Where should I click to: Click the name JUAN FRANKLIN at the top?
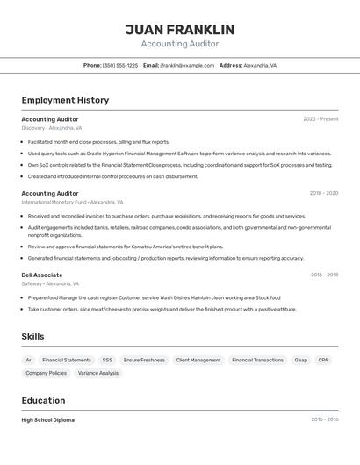point(180,30)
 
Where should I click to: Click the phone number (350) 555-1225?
point(120,65)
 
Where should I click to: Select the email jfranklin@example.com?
point(185,65)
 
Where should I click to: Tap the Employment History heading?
point(65,100)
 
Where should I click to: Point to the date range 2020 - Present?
point(320,119)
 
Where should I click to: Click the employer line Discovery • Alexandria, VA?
point(52,128)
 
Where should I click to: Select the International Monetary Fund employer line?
point(72,202)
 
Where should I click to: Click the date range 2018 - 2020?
point(324,193)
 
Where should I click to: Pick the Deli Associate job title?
point(42,275)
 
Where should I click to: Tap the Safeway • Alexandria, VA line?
point(50,283)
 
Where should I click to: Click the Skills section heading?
point(32,336)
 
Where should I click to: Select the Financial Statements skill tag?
point(67,360)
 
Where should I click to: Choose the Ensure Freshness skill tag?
point(144,360)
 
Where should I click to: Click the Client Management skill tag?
point(198,360)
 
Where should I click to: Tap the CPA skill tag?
point(323,360)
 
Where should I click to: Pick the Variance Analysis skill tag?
point(97,373)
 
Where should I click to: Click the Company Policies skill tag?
point(46,373)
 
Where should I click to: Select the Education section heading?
point(43,400)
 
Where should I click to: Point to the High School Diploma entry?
point(48,419)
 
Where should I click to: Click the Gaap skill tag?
point(300,360)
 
